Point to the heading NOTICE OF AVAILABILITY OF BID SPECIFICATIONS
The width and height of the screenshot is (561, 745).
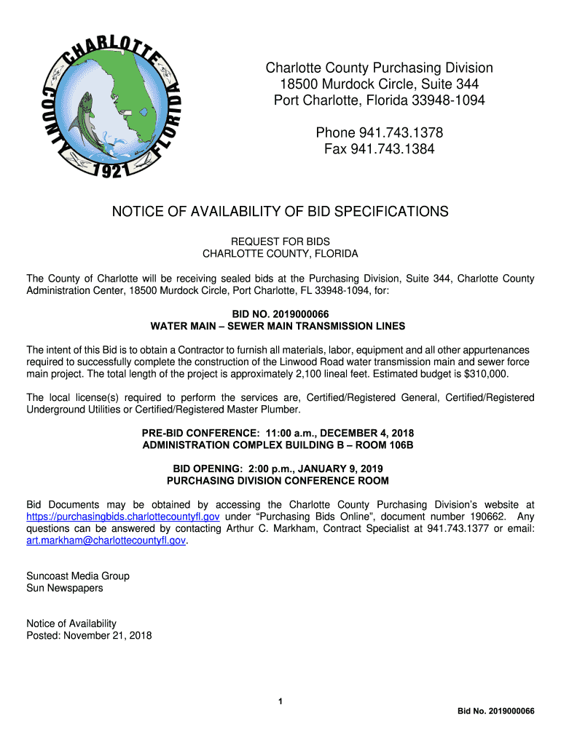pyautogui.click(x=280, y=212)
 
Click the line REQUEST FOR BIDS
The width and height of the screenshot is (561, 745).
pyautogui.click(x=280, y=242)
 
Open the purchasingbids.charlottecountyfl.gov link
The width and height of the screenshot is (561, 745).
pyautogui.click(x=123, y=517)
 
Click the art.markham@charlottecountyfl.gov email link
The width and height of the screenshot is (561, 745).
pyautogui.click(x=106, y=541)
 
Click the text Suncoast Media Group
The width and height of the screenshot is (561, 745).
pyautogui.click(x=78, y=576)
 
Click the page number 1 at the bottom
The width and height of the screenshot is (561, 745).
pyautogui.click(x=280, y=701)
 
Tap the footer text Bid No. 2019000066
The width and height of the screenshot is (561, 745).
pyautogui.click(x=495, y=711)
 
